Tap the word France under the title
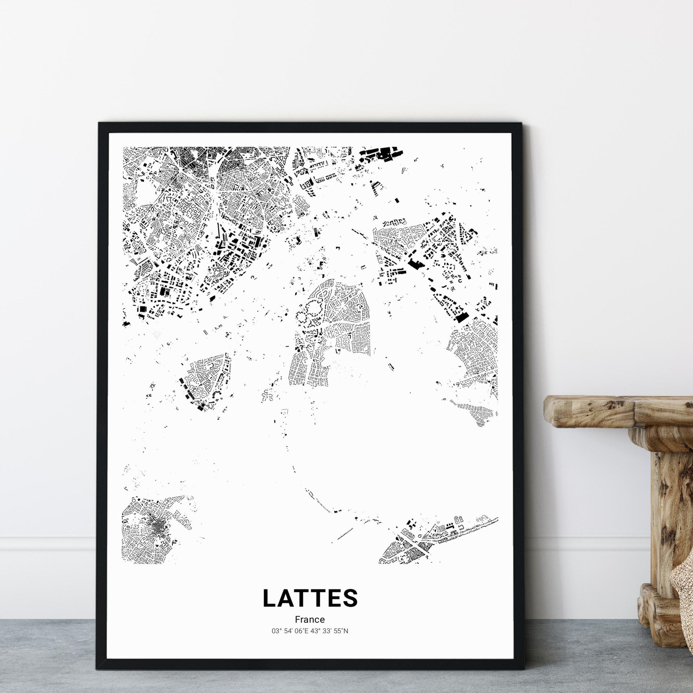pos(310,619)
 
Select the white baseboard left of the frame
pos(47,549)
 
